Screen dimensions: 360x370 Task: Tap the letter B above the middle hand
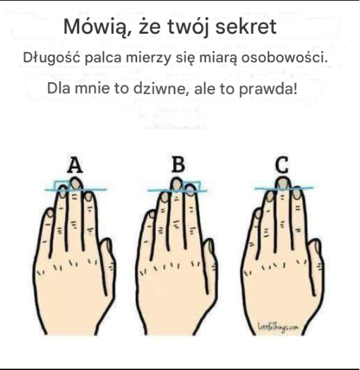(179, 165)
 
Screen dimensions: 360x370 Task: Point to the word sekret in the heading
(246, 27)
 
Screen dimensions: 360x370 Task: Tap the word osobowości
(284, 58)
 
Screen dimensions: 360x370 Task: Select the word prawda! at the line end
(268, 89)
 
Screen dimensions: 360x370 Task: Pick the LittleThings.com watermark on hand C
(278, 328)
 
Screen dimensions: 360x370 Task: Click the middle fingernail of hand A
(76, 184)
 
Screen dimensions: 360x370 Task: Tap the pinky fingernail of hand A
(50, 213)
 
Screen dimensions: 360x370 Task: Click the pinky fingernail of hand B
(152, 214)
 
